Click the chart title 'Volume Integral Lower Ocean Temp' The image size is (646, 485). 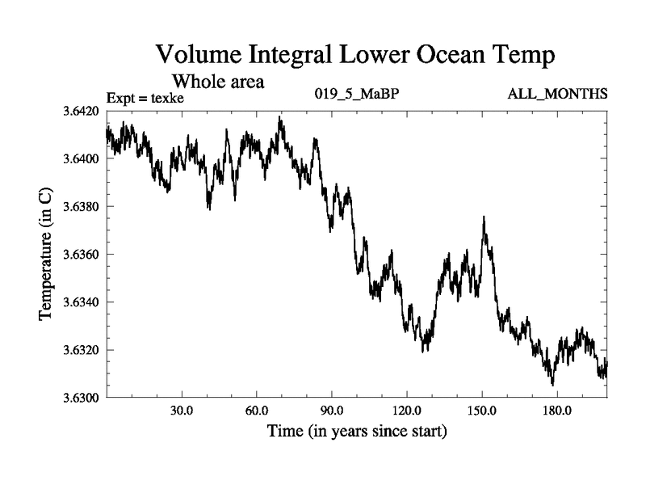tap(355, 55)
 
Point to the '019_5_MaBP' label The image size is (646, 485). tap(356, 95)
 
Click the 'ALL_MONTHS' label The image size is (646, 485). tap(557, 95)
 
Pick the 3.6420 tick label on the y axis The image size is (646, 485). tap(81, 112)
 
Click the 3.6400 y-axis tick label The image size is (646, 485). tap(81, 159)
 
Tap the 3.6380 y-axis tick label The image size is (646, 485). tap(81, 207)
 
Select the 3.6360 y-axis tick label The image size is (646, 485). tap(81, 255)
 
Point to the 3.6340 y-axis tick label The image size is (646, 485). tap(81, 302)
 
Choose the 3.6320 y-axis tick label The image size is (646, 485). tap(81, 350)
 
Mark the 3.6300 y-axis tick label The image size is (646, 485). tap(81, 398)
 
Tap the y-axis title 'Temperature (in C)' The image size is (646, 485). tap(47, 255)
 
